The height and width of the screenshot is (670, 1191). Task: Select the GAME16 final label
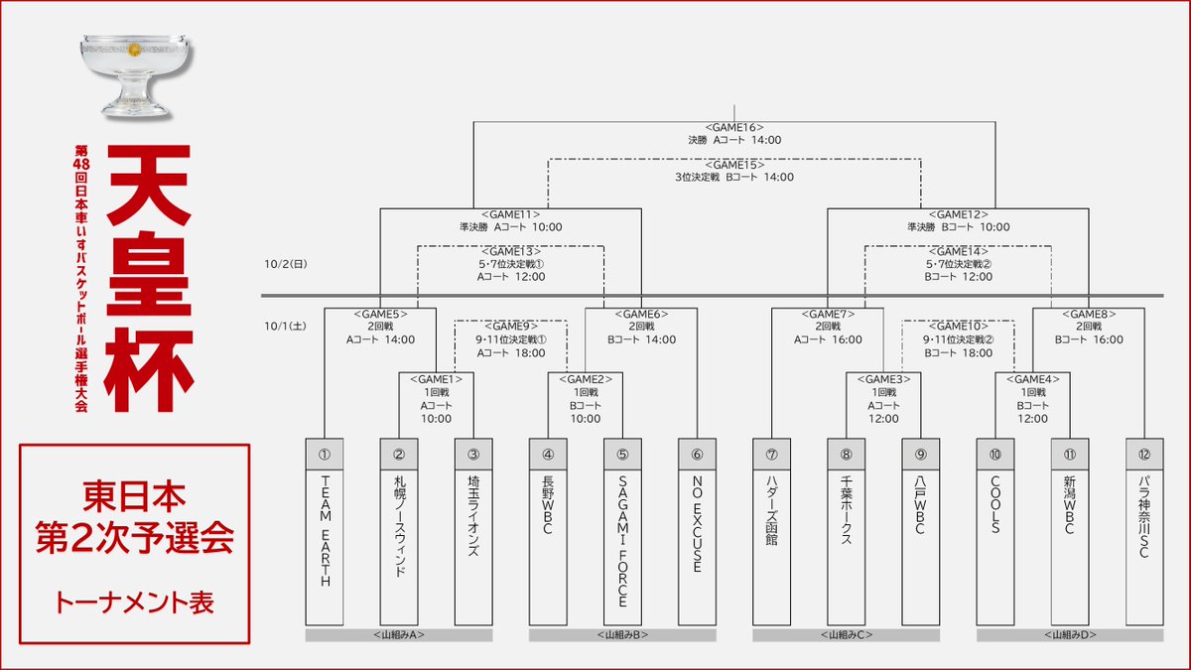tap(733, 127)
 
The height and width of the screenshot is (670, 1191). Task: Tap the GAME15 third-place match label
tap(733, 165)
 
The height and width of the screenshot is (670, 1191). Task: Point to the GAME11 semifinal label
tap(510, 214)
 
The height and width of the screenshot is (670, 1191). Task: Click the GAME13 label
tap(510, 252)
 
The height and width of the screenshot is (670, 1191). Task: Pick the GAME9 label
tap(510, 326)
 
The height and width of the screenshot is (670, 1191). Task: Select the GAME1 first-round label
tap(436, 377)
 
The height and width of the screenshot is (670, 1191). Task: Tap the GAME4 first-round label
tap(1032, 377)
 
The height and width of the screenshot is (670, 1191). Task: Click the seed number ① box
tap(324, 455)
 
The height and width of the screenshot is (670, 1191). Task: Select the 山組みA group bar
tap(398, 635)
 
